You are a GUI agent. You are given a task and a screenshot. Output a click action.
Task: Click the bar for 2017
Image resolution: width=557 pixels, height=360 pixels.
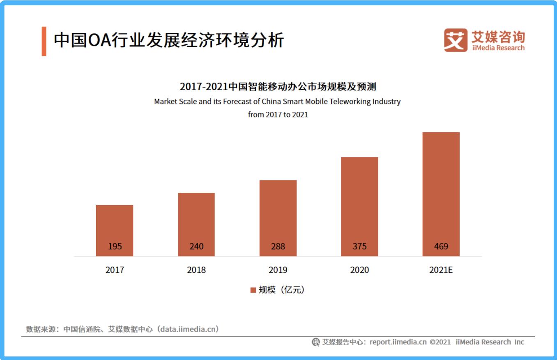(115, 226)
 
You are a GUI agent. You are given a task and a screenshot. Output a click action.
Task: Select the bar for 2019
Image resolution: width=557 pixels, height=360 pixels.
(278, 214)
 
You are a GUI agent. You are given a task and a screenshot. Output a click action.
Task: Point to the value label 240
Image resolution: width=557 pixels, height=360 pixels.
(196, 247)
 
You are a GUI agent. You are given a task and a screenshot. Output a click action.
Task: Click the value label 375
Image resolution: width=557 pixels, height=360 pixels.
(359, 247)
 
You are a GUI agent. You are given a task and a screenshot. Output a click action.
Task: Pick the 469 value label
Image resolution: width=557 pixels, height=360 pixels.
(441, 247)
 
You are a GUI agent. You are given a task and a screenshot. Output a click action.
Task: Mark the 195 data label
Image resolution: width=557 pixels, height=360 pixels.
(115, 247)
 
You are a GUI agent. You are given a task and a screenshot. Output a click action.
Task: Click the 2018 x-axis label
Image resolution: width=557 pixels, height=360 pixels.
(196, 270)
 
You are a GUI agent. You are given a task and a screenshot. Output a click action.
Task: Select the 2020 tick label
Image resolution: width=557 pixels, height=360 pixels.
(359, 270)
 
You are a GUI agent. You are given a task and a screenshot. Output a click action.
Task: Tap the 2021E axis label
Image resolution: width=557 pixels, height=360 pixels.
(441, 270)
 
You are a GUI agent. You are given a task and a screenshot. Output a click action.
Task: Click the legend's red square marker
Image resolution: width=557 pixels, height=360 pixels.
(253, 290)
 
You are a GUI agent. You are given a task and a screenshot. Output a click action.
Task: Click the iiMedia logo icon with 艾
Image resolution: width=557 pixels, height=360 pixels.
(455, 40)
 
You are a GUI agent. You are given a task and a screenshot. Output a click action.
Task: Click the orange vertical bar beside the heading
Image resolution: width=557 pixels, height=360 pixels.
(44, 41)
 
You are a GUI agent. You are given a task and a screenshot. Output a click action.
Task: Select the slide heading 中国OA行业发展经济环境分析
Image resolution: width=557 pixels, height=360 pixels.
(169, 41)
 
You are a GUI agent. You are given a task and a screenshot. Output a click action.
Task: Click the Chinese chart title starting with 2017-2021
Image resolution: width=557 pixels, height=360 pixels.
(278, 87)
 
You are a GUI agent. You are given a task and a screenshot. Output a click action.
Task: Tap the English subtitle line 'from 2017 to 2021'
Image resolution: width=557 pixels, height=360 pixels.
(278, 115)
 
